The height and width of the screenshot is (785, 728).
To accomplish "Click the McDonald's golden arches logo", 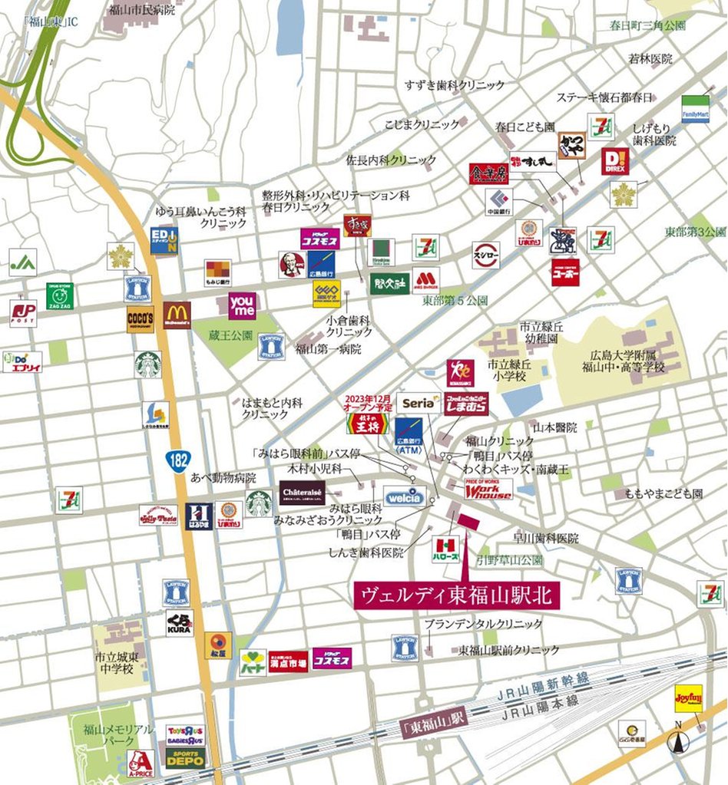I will [x=177, y=315].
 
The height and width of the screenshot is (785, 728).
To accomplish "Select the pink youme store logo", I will [x=243, y=305].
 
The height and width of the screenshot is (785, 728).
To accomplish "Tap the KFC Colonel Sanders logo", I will [x=291, y=264].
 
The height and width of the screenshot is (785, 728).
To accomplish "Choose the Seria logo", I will [x=419, y=403].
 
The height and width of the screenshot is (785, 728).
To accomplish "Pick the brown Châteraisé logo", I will [x=302, y=493].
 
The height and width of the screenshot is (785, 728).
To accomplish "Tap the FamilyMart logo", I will [x=695, y=109].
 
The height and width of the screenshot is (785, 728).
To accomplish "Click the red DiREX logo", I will [x=614, y=162].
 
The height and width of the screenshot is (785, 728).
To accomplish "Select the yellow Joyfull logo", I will [x=688, y=698].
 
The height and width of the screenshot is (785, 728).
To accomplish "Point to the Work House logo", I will [x=488, y=490].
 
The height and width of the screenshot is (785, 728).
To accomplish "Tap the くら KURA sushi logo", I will [x=179, y=623].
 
